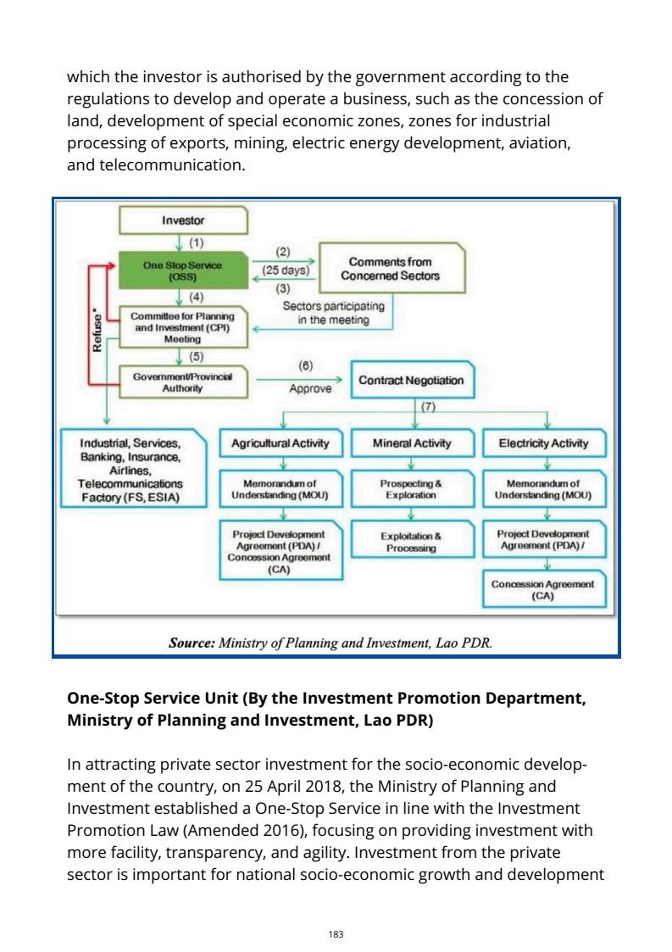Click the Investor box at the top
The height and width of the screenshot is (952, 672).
pos(183,220)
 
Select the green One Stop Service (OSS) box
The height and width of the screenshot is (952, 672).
pos(182,270)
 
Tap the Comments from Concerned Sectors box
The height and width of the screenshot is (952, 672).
pos(391,269)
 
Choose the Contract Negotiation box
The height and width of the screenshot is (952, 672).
pos(411,380)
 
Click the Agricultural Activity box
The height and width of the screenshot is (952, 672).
pos(280,443)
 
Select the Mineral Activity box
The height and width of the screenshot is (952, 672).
pos(412,443)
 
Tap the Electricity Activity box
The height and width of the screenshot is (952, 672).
pos(543,443)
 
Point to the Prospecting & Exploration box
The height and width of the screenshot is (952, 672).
pos(411,488)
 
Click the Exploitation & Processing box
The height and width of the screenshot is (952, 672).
pos(411,542)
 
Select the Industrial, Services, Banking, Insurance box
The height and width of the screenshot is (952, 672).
pos(131,469)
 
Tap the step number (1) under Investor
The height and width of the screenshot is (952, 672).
pos(197,242)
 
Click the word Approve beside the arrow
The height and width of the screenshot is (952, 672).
pos(309,389)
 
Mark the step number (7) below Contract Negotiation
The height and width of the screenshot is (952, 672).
pos(428,406)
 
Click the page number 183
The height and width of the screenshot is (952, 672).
pos(336,910)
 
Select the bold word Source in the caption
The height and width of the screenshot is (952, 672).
pos(192,643)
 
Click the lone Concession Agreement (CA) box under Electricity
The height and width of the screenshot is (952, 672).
pos(543,589)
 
